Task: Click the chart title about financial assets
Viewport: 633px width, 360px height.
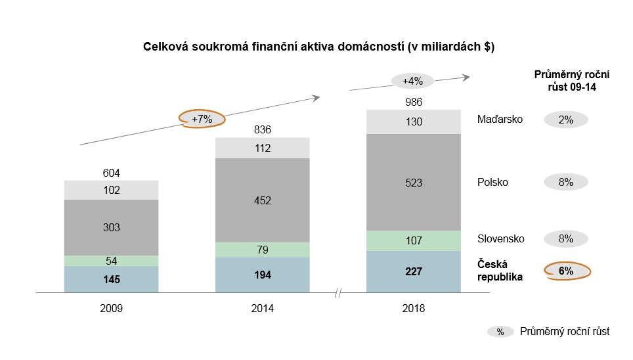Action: (x=318, y=47)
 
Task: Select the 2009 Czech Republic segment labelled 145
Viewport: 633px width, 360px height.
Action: (x=112, y=279)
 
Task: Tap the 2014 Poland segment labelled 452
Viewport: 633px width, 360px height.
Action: (x=262, y=200)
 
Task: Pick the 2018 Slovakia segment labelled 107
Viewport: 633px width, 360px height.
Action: (x=414, y=240)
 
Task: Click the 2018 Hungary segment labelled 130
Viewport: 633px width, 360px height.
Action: (x=414, y=122)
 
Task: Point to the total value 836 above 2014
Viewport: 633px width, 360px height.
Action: (x=262, y=129)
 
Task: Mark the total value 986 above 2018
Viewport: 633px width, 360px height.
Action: (x=414, y=102)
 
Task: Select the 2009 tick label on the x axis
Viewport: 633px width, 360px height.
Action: (x=112, y=307)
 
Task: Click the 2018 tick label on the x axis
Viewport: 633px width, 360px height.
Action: (x=414, y=307)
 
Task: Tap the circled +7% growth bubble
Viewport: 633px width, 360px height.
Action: (x=202, y=119)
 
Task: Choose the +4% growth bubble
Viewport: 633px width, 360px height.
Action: (x=412, y=81)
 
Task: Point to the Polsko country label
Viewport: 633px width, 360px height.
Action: (x=492, y=183)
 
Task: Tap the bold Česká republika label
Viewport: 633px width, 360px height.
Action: (x=500, y=271)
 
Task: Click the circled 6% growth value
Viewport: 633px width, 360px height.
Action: (x=566, y=271)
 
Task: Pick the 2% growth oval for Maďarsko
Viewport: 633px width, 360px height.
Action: (x=566, y=120)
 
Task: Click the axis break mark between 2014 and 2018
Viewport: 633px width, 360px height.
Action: (x=338, y=292)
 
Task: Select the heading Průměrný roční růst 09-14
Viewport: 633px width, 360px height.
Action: (x=565, y=81)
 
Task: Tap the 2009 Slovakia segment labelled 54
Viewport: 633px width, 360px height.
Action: (x=112, y=261)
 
